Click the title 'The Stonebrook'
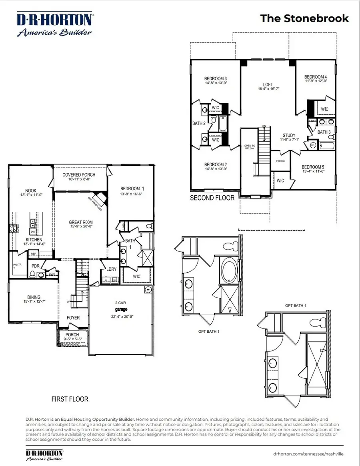[304, 18]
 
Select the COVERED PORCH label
[79, 175]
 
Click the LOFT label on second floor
[268, 84]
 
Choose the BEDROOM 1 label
[130, 189]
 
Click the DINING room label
[34, 297]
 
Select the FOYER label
[73, 317]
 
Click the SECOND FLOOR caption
[212, 198]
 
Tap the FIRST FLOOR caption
[70, 399]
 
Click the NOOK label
[30, 191]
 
